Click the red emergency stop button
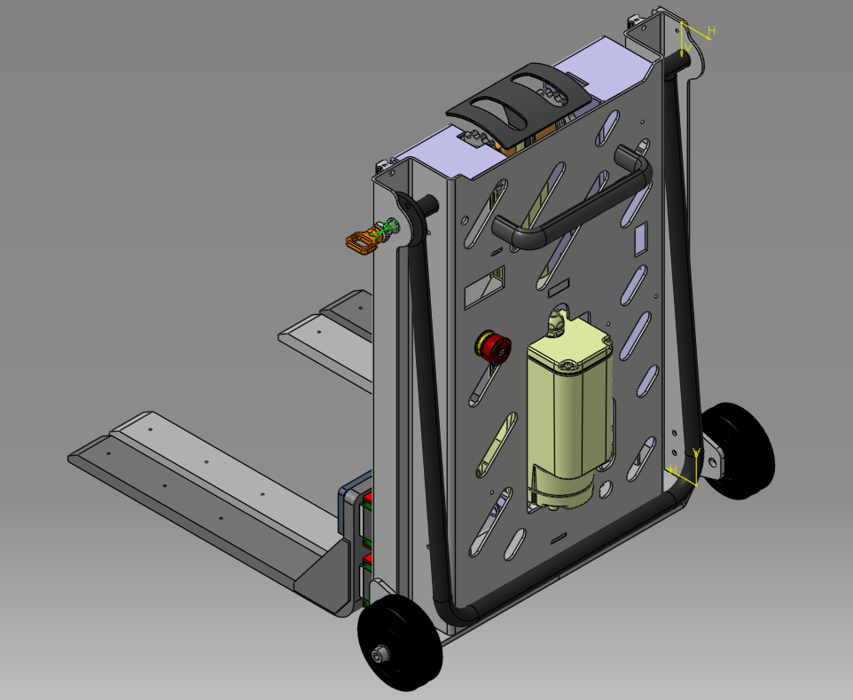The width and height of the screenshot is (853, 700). (x=492, y=346)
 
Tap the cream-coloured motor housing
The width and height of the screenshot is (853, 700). (x=567, y=408)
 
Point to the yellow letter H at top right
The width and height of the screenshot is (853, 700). (x=711, y=31)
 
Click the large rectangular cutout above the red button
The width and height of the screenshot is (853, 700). (x=485, y=286)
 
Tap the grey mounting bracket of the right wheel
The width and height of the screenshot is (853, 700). (x=713, y=462)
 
